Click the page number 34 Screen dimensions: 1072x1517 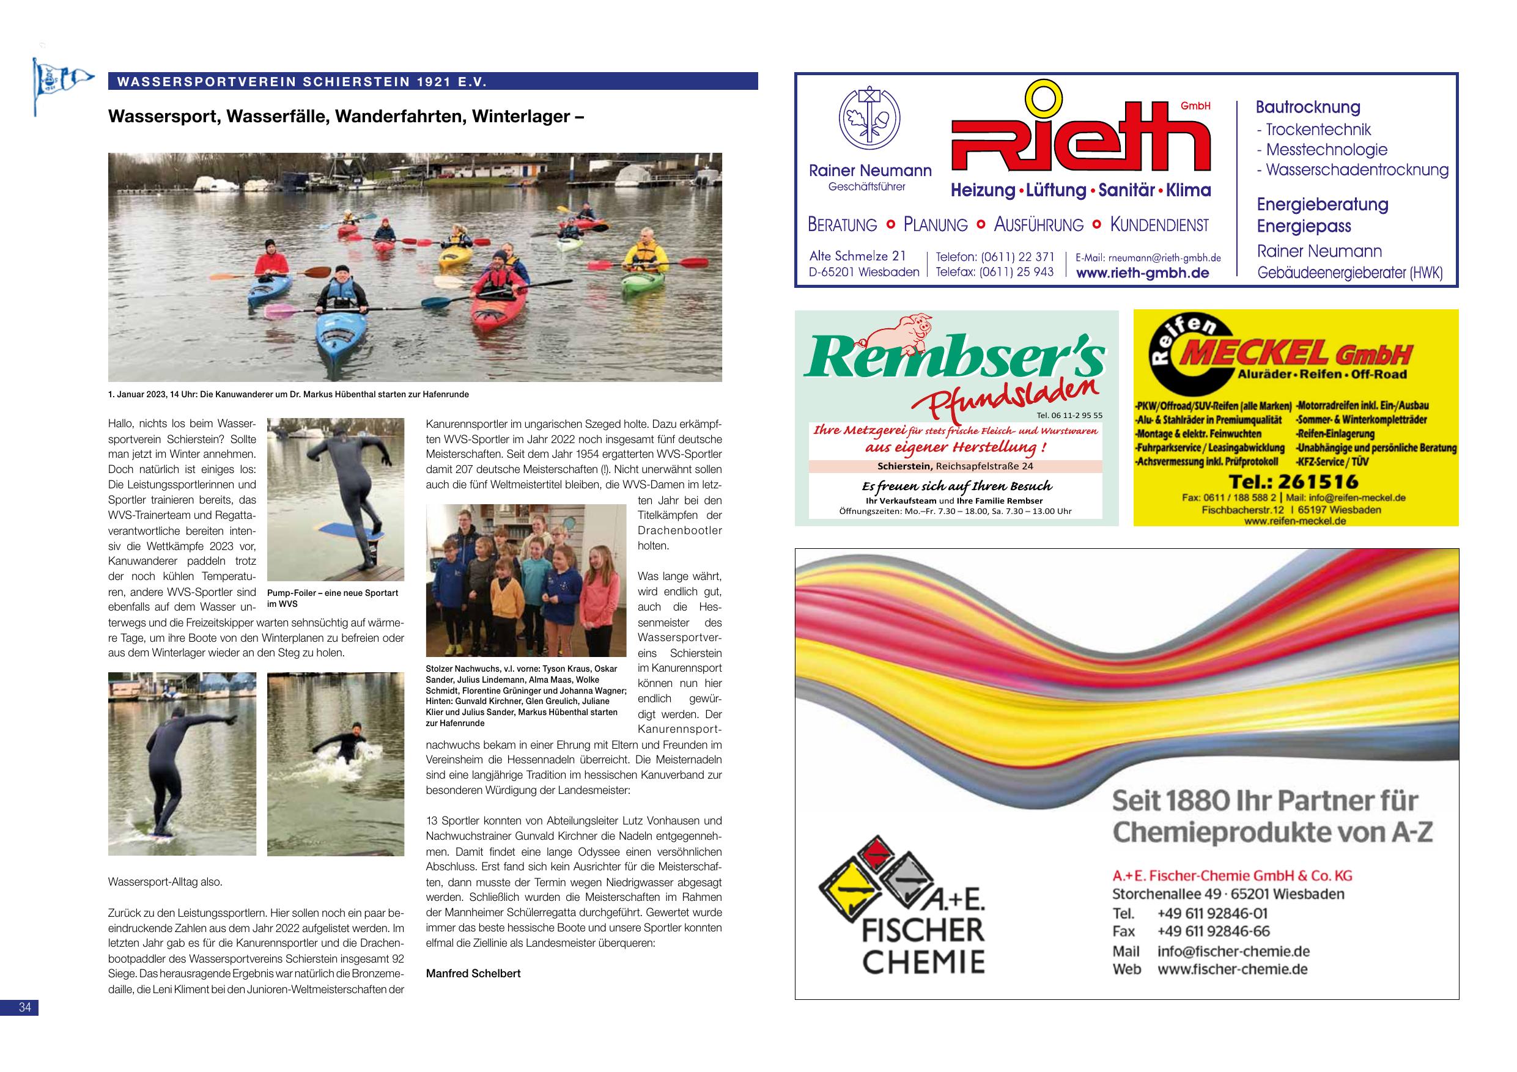pyautogui.click(x=25, y=1007)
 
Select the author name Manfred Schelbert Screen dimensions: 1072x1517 pyautogui.click(x=473, y=973)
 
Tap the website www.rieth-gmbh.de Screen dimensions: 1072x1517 pyautogui.click(x=1142, y=273)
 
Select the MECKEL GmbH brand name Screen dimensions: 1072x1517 pyautogui.click(x=1294, y=354)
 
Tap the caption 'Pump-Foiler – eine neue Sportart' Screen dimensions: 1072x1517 pyautogui.click(x=333, y=593)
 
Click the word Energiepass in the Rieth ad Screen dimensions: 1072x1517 pyautogui.click(x=1303, y=226)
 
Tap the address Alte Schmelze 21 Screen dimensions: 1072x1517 pyautogui.click(x=857, y=255)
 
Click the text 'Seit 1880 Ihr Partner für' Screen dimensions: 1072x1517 pyautogui.click(x=1264, y=801)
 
